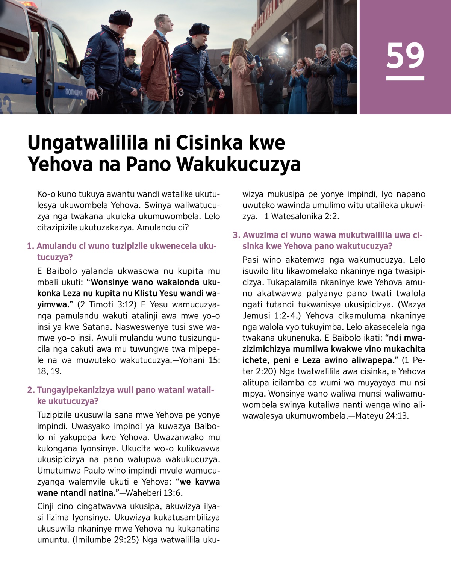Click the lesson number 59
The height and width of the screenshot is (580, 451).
(405, 55)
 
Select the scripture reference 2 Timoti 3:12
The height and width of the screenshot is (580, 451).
(106, 304)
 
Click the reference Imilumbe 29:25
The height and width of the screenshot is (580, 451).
(104, 540)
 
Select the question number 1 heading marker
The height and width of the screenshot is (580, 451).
(30, 246)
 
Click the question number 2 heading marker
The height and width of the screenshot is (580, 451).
(30, 390)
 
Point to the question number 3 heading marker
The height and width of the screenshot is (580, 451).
(236, 235)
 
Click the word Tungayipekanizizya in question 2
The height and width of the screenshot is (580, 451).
(76, 390)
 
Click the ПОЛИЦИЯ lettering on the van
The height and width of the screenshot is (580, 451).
(74, 92)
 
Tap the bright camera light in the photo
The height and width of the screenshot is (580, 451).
(280, 51)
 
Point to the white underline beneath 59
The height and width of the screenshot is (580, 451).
(405, 78)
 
